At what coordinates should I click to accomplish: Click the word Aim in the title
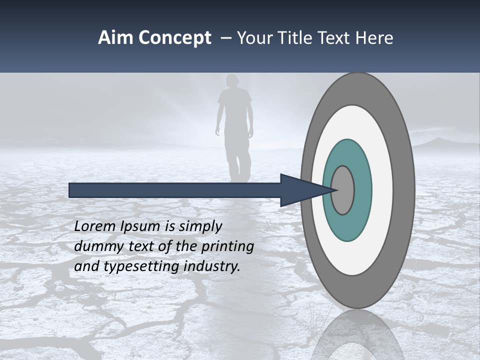pyautogui.click(x=116, y=38)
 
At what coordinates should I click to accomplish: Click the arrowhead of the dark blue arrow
pyautogui.click(x=300, y=190)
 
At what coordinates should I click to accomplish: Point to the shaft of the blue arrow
pyautogui.click(x=175, y=190)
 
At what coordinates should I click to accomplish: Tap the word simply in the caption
pyautogui.click(x=199, y=227)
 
